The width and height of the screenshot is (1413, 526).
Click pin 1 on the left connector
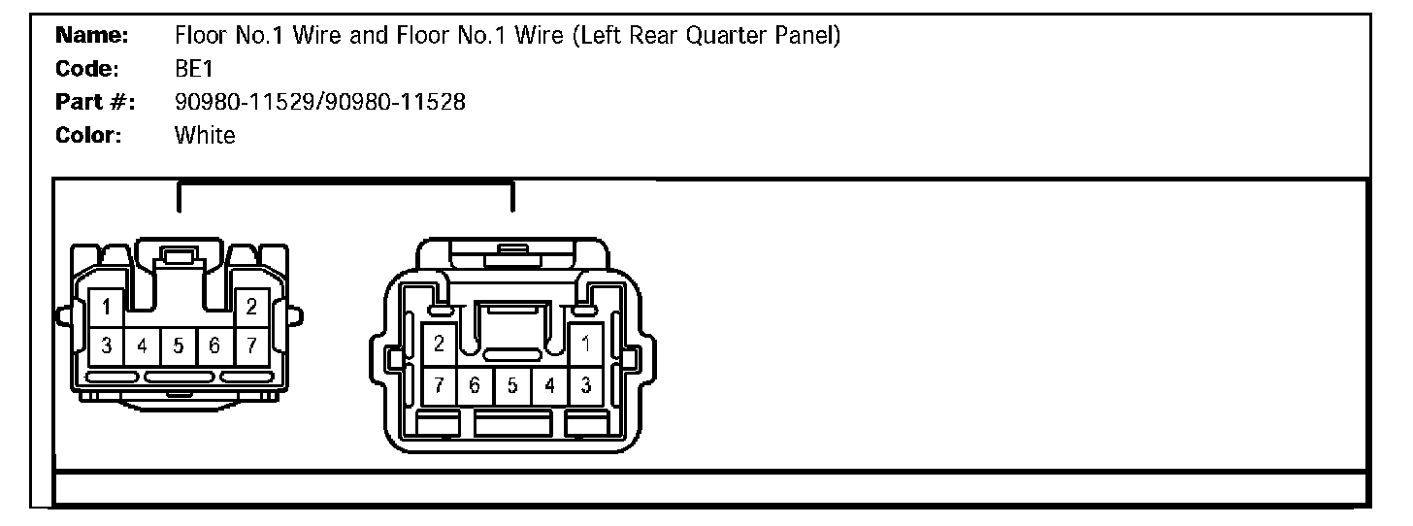[x=107, y=308]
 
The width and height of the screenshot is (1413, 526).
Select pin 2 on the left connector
[x=251, y=308]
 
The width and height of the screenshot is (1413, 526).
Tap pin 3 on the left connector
[x=107, y=345]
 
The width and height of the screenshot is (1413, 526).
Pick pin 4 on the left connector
[x=143, y=345]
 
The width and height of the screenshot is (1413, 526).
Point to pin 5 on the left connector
[x=179, y=345]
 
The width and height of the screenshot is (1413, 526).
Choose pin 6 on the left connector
[x=214, y=345]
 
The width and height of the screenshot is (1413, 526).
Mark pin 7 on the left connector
[x=251, y=345]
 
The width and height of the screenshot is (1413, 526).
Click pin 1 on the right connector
[x=586, y=344]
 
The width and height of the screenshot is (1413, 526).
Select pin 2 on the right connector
[x=440, y=344]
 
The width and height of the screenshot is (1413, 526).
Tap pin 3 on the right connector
[x=586, y=385]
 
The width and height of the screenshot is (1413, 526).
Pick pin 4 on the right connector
[x=549, y=385]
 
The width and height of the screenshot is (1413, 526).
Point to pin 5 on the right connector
[x=512, y=385]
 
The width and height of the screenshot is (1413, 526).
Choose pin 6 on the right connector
[x=476, y=385]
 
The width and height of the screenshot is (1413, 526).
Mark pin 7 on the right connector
[x=440, y=385]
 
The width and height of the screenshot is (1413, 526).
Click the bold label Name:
[x=92, y=37]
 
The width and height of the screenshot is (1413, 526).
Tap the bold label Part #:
[x=95, y=102]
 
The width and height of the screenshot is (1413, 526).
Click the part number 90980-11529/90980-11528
[x=319, y=102]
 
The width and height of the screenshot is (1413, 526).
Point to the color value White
[x=205, y=135]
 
